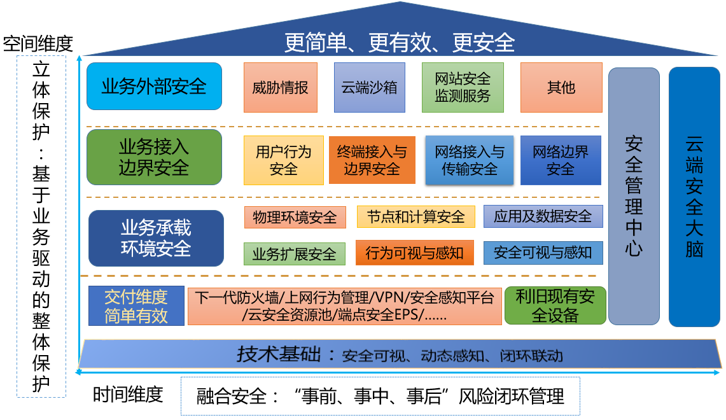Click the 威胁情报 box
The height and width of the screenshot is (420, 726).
(280, 87)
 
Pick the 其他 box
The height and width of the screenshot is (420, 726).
(561, 87)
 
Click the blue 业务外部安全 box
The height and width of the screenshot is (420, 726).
(154, 86)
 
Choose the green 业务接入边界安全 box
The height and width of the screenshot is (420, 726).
(154, 157)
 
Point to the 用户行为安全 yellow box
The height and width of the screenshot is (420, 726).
(283, 160)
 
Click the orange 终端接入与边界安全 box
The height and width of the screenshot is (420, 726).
(372, 160)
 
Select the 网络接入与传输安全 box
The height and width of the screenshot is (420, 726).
(469, 160)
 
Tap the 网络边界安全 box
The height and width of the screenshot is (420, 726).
(560, 160)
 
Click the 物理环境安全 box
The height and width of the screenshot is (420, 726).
(295, 217)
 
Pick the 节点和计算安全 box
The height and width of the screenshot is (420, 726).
(415, 217)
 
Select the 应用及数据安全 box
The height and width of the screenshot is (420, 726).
(542, 216)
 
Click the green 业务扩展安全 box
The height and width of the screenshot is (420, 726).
(294, 254)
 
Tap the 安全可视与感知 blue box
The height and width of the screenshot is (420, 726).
(542, 253)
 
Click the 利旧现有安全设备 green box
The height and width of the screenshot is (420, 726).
(555, 305)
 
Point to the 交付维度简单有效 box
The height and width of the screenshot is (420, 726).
(136, 305)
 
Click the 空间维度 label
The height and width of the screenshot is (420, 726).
(38, 43)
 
